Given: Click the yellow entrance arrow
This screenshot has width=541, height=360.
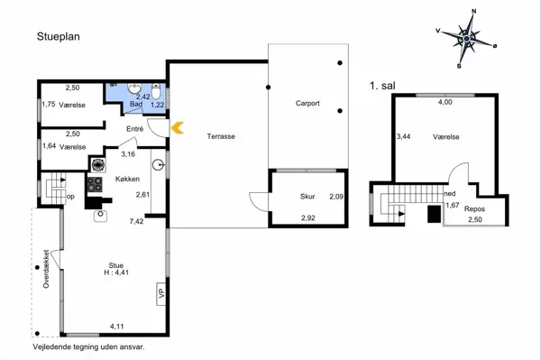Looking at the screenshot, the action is [x=178, y=128].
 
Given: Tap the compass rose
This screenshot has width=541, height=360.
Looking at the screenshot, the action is [x=466, y=39].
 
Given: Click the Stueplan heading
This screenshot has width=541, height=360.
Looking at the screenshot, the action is [x=59, y=37].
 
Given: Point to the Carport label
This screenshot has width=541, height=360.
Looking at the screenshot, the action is [x=307, y=103].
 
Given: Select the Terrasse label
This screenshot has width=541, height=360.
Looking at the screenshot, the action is [x=221, y=136].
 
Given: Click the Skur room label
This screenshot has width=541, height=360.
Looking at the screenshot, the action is [x=307, y=197].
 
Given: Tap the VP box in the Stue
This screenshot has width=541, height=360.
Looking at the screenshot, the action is [x=161, y=294].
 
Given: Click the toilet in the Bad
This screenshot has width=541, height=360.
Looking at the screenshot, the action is [x=156, y=91].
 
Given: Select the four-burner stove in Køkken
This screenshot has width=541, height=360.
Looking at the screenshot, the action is [x=95, y=184].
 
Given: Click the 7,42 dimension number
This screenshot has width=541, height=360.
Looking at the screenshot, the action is [x=136, y=221].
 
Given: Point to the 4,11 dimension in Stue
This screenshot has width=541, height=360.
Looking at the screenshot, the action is [x=117, y=327].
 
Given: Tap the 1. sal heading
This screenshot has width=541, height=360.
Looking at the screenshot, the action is [x=382, y=86].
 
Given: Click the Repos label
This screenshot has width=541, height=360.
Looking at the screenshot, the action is [x=474, y=208].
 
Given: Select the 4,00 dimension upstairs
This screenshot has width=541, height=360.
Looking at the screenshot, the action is [x=445, y=102].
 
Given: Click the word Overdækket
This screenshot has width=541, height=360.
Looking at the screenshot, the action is [x=46, y=269].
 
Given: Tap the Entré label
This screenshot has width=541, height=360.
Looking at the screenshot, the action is [x=134, y=129].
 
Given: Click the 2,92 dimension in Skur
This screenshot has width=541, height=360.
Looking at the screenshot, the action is [x=308, y=217].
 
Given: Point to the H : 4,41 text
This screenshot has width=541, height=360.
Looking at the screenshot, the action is [x=116, y=272].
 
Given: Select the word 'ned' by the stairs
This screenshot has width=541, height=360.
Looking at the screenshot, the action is [x=450, y=194].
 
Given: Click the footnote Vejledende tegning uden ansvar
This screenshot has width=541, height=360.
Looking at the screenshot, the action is [x=88, y=346].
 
